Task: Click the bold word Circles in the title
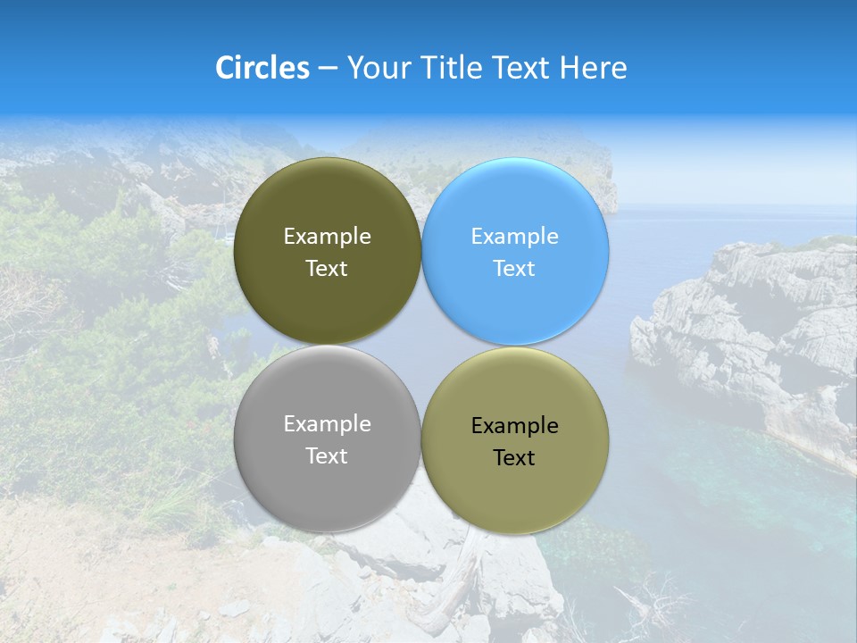[x=262, y=68]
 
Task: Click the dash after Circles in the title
[x=328, y=69]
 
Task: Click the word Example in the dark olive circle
[x=327, y=237]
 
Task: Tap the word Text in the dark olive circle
[x=327, y=269]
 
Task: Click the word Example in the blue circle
[x=514, y=237]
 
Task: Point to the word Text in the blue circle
[x=514, y=269]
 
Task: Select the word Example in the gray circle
[x=327, y=424]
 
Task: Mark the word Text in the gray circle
[x=327, y=456]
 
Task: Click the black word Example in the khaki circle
[x=514, y=426]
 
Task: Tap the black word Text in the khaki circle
[x=514, y=458]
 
